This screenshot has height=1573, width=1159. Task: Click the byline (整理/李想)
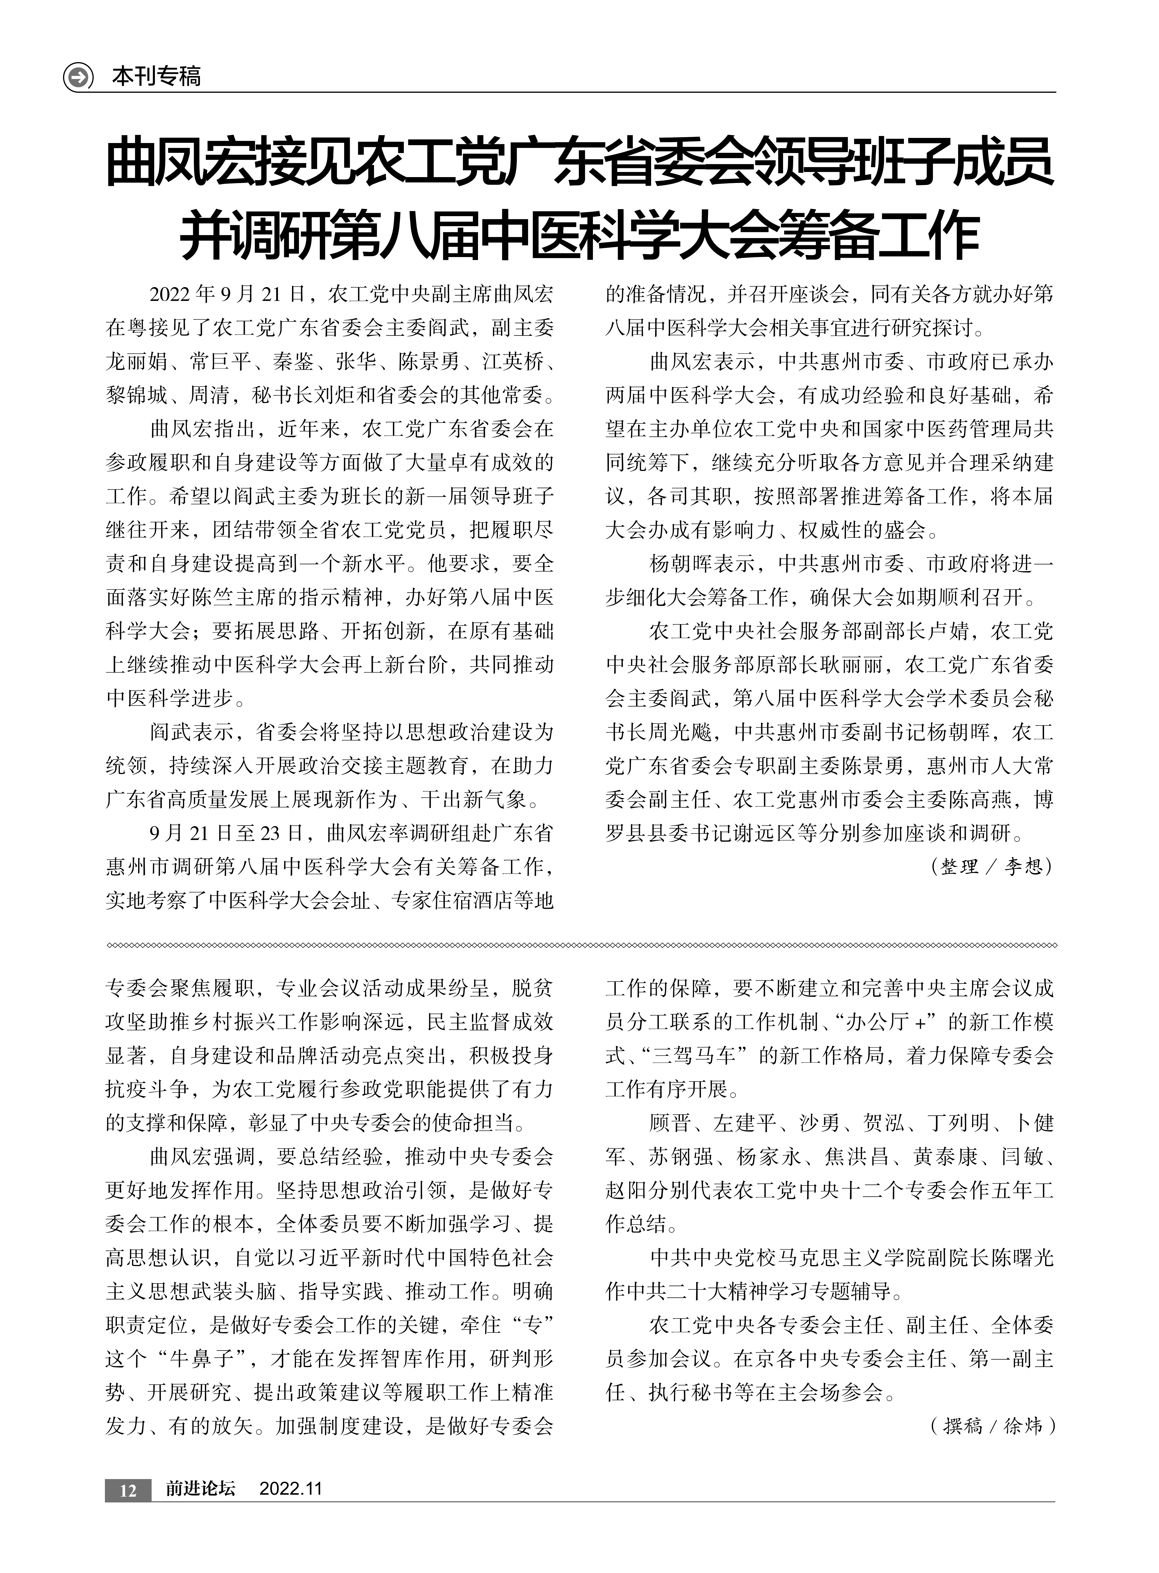[x=991, y=867]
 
